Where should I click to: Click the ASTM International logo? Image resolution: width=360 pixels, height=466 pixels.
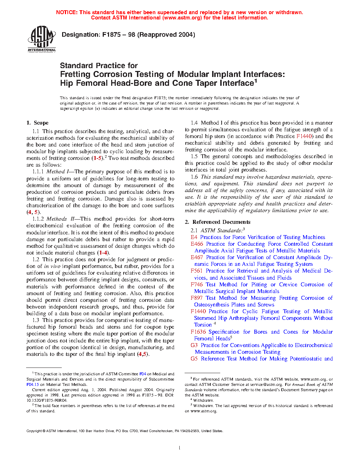[x=42, y=39]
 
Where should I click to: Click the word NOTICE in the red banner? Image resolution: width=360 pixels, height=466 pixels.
[x=67, y=12]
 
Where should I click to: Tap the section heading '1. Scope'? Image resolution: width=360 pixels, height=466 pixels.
[x=37, y=123]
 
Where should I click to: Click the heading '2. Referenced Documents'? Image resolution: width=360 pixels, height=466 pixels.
[x=217, y=222]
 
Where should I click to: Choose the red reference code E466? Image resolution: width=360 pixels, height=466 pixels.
[x=197, y=244]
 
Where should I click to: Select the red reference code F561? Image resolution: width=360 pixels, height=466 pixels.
[x=196, y=271]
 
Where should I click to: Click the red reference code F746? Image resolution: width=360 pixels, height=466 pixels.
[x=196, y=285]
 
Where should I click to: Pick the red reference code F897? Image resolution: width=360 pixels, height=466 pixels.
[x=196, y=298]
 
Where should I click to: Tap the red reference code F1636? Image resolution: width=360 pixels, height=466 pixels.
[x=198, y=332]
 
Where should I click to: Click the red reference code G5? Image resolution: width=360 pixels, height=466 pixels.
[x=194, y=359]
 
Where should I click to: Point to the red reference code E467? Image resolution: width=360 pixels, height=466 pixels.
[x=197, y=257]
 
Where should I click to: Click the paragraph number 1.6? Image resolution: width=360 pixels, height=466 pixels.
[x=194, y=177]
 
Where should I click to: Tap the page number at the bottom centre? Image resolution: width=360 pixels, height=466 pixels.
[x=180, y=448]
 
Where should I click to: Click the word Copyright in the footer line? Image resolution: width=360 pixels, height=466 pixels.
[x=34, y=431]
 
